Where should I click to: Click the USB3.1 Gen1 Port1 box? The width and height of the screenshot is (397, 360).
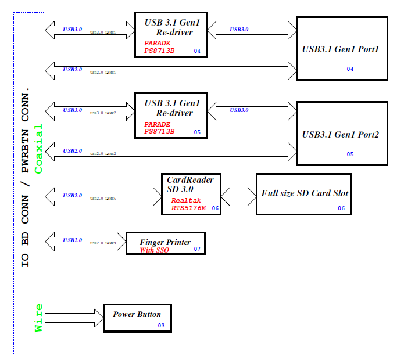(342, 48)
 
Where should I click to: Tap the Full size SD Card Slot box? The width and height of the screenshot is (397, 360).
(305, 194)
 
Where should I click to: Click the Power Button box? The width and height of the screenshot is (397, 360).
(137, 318)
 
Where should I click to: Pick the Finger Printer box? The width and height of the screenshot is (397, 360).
(166, 243)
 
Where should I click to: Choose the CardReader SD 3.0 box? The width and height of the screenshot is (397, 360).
(191, 193)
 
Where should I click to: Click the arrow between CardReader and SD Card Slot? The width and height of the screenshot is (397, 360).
(239, 193)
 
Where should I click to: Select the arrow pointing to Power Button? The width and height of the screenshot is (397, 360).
(74, 317)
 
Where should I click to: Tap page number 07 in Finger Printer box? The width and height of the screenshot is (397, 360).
(197, 249)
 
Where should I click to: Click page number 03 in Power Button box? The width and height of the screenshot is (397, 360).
(161, 326)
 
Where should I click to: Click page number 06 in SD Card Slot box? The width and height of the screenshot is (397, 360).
(341, 208)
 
